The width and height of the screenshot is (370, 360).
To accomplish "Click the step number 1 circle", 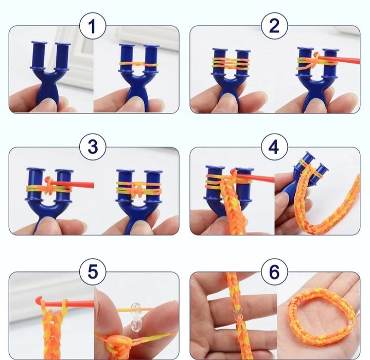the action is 93,26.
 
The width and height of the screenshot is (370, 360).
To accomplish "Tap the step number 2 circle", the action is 274,26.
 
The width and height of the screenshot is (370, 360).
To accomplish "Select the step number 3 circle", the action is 93,147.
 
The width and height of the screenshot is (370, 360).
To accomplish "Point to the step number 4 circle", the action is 274,147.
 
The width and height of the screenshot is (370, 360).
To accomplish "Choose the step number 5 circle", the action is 93,272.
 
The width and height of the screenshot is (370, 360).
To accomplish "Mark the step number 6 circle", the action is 274,272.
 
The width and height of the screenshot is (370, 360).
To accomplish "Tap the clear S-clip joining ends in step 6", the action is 238,314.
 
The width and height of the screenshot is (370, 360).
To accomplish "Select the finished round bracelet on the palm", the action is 322,316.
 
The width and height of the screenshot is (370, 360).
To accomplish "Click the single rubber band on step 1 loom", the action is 138,64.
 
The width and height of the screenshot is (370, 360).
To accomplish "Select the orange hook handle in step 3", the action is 71,184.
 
